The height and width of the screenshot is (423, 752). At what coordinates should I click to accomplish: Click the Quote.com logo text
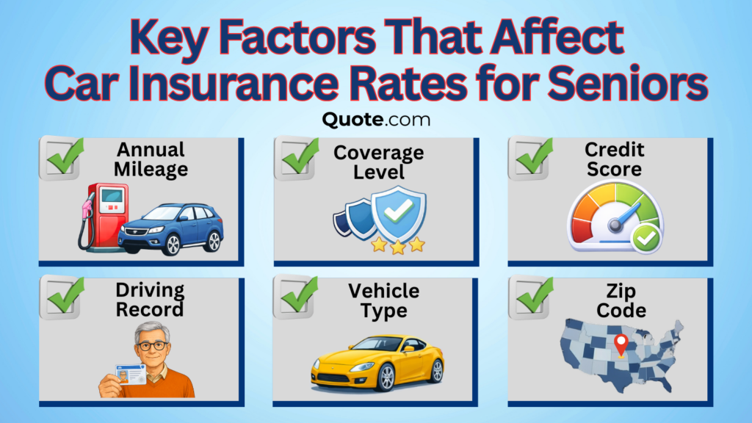click(x=375, y=119)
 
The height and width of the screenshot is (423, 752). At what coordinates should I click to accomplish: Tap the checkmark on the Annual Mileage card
click(x=65, y=156)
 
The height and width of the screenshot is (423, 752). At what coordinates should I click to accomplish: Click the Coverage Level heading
click(x=378, y=162)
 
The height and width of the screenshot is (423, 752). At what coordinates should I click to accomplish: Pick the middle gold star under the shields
click(x=398, y=247)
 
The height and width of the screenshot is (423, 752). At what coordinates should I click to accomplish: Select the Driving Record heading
click(x=149, y=300)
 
